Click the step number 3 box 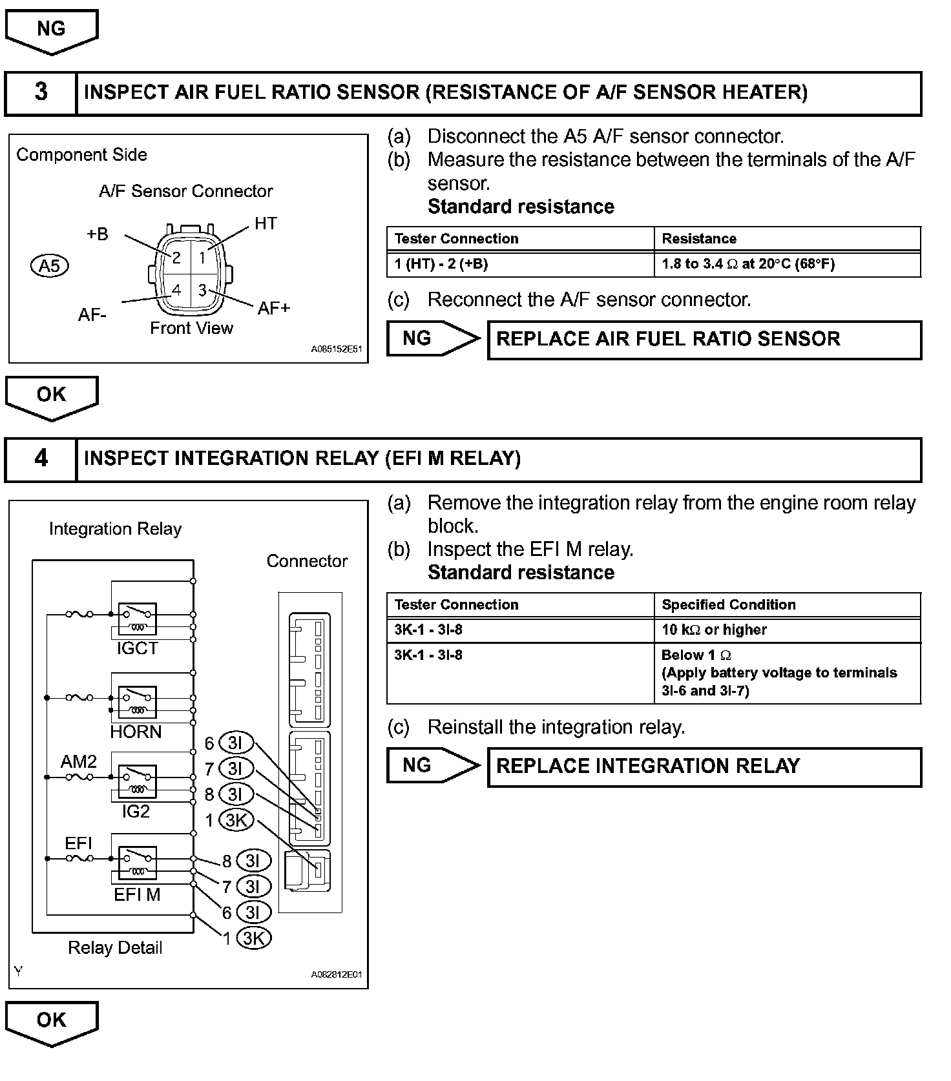click(x=41, y=93)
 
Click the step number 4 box click(x=41, y=459)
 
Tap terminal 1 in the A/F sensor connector click(x=202, y=258)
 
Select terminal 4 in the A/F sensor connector click(x=176, y=290)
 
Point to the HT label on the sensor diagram click(x=266, y=223)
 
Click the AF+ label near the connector click(x=274, y=308)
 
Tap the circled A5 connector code click(x=50, y=265)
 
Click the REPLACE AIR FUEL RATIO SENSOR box click(x=704, y=340)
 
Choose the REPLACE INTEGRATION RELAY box click(x=704, y=767)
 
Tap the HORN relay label click(x=136, y=732)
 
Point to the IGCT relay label click(x=137, y=648)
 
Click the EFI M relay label click(x=137, y=894)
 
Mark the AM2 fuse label click(x=78, y=761)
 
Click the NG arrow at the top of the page click(x=51, y=31)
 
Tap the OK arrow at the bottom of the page click(x=51, y=1023)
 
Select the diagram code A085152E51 click(x=336, y=349)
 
